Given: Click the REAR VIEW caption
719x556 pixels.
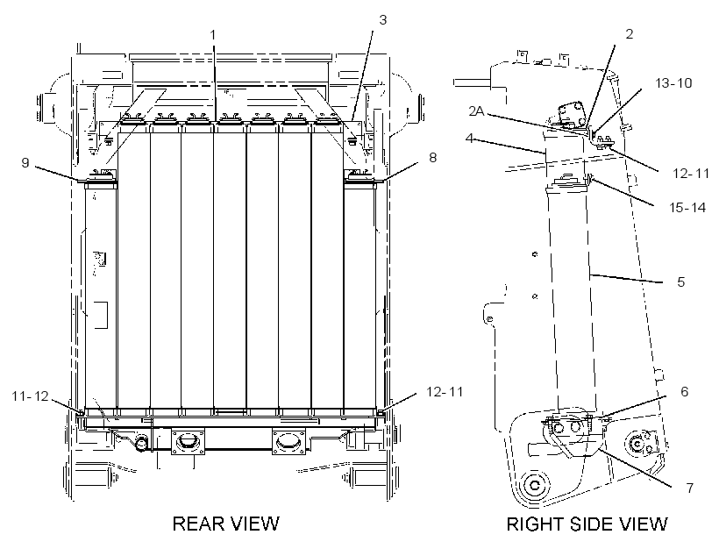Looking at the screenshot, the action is (x=225, y=524).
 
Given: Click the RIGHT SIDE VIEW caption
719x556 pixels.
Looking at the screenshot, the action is (x=587, y=524).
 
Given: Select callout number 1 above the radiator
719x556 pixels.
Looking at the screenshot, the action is (x=213, y=34).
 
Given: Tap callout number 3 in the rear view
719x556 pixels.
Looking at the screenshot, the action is (x=383, y=19).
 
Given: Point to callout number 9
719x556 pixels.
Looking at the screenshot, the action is (x=25, y=162).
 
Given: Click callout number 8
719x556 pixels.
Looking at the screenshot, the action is (x=432, y=157).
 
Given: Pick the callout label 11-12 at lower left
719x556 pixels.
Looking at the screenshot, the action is (x=31, y=396).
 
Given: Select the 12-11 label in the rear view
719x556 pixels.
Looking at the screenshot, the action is (x=445, y=391).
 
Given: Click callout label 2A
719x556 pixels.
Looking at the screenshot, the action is (x=476, y=110).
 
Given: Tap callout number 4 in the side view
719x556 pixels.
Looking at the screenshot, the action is (x=468, y=138).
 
